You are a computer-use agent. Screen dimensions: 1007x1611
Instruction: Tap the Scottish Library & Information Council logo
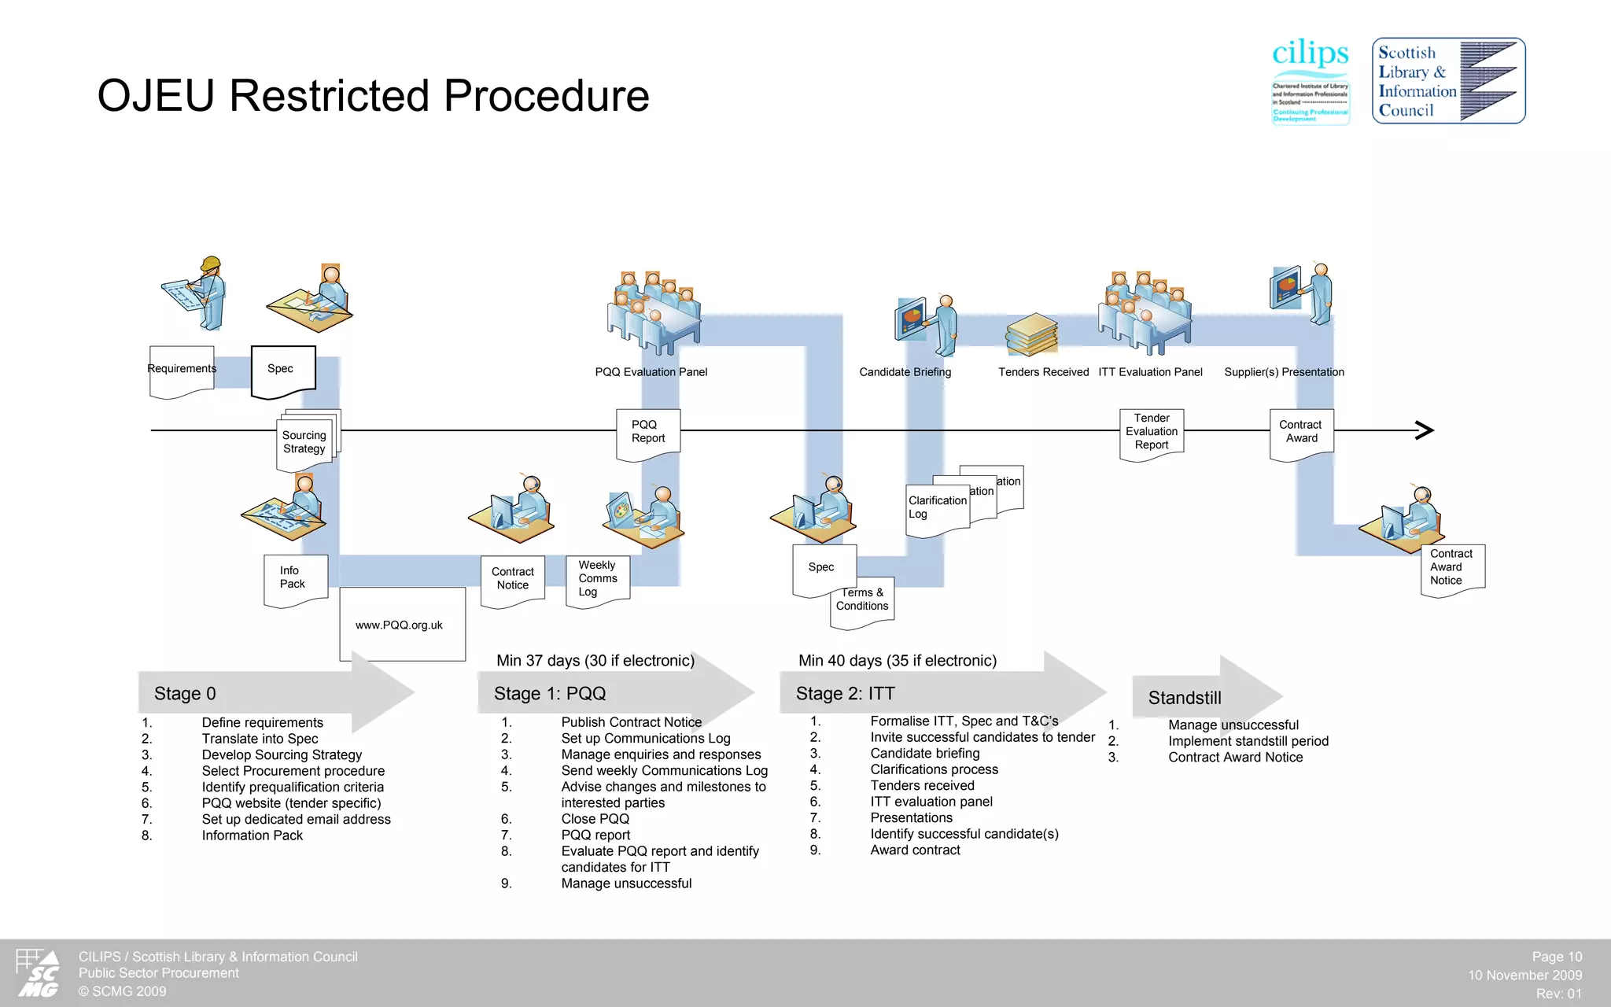[x=1448, y=81]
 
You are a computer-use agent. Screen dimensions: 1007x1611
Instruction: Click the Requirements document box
[x=182, y=371]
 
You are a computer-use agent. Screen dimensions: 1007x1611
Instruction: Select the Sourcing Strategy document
[x=305, y=443]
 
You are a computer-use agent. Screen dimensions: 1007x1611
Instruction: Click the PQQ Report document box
[x=648, y=433]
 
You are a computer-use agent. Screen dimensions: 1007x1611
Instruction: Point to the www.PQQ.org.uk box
[x=402, y=625]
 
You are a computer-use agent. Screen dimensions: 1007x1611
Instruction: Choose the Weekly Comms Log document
[x=597, y=581]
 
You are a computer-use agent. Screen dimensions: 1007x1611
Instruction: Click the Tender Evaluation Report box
[x=1152, y=433]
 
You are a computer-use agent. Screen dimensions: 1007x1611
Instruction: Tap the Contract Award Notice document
[x=1452, y=569]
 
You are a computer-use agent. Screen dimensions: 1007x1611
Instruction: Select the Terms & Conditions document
[x=862, y=602]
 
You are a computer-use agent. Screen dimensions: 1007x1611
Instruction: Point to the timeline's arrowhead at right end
[x=1425, y=430]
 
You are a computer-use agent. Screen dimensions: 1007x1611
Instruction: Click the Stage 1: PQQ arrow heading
[x=550, y=693]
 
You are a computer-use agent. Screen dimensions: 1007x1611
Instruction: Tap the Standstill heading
[x=1185, y=698]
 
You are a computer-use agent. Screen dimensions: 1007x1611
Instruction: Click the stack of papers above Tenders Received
[x=1031, y=334]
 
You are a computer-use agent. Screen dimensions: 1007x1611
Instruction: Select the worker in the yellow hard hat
[x=206, y=293]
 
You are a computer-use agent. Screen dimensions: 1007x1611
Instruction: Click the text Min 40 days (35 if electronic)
[x=898, y=661]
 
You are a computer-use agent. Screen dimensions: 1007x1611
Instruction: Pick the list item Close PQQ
[x=595, y=819]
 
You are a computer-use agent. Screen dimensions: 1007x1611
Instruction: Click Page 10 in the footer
[x=1556, y=957]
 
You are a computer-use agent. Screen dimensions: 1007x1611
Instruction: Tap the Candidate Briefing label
[x=905, y=372]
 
